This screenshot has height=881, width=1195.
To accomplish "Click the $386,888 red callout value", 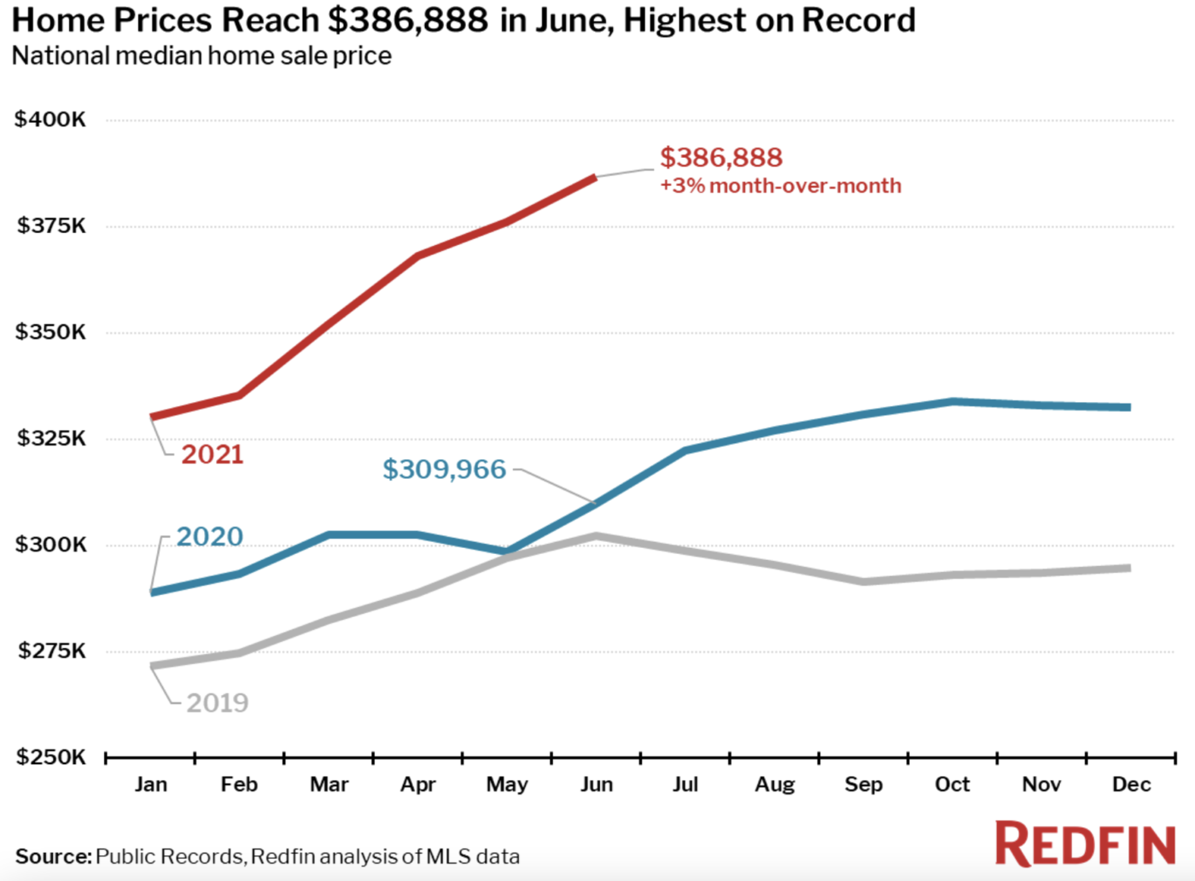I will tap(720, 158).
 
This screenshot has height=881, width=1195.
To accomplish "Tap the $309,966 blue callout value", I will tap(444, 470).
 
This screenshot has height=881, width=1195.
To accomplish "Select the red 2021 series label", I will tap(213, 454).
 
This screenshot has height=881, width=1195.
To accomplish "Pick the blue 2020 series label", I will tap(209, 537).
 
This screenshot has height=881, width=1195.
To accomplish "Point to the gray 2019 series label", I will tap(218, 703).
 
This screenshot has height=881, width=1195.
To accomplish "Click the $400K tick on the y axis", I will tap(50, 120).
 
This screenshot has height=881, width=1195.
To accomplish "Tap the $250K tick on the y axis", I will tap(50, 757).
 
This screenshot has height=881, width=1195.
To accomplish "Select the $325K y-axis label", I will tap(50, 439).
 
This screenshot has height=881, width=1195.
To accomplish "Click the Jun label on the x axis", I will tap(597, 785).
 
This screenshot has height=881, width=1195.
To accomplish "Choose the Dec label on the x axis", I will tap(1131, 785).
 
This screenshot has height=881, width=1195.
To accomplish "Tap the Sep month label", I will tap(863, 785).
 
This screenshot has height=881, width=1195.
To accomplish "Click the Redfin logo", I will tap(1086, 844).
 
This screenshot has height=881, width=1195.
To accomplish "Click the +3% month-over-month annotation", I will tap(780, 186).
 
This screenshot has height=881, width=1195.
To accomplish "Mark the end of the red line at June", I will tap(595, 178).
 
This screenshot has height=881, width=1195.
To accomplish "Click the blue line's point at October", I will tap(953, 401).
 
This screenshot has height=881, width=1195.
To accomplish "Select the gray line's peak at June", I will tap(597, 536).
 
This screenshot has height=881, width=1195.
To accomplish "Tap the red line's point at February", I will tap(240, 394).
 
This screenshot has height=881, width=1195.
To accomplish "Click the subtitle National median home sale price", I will tap(201, 56).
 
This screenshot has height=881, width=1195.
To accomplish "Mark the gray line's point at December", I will tap(1128, 568).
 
